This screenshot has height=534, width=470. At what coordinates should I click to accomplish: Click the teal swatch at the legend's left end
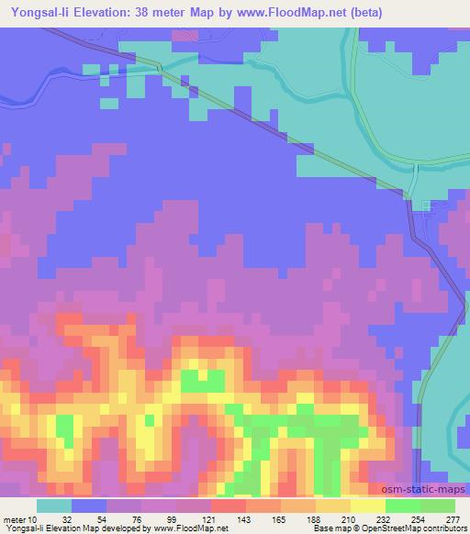(x=53, y=506)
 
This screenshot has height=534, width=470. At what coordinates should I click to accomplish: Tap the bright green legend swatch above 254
(x=401, y=506)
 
